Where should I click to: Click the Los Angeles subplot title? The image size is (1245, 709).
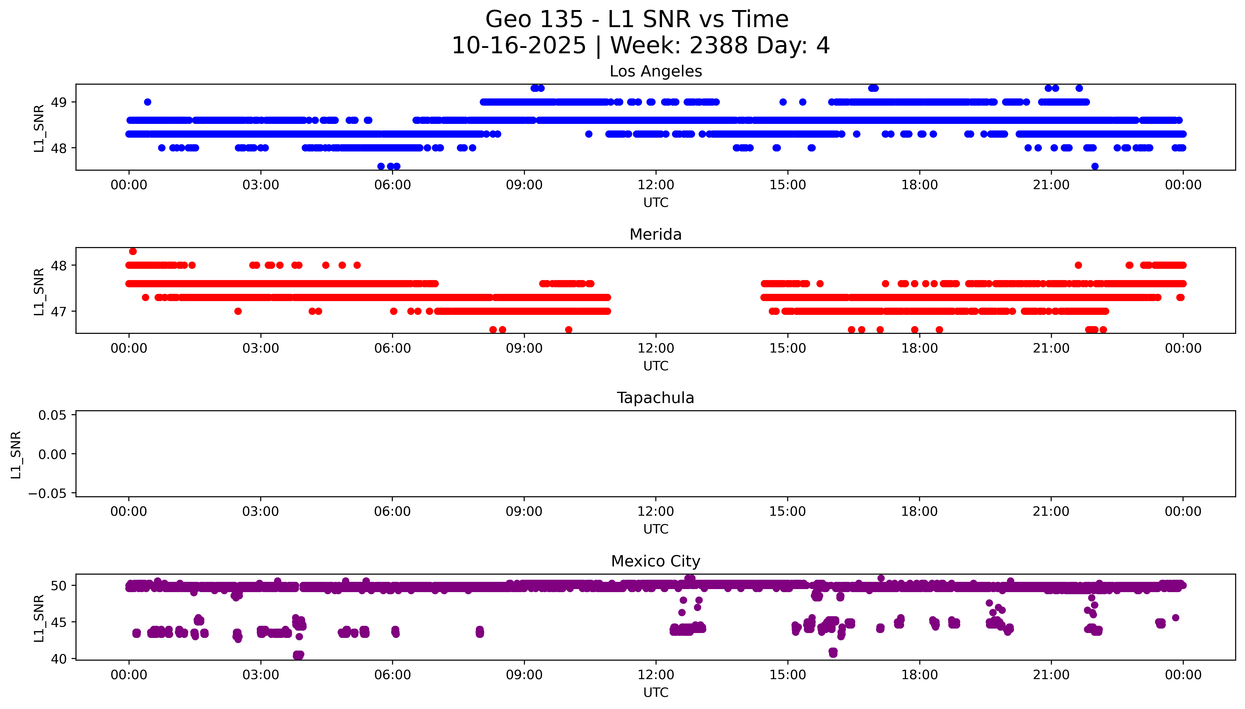click(x=655, y=72)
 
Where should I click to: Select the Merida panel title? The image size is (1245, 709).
click(x=655, y=235)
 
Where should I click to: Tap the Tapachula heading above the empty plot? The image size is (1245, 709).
click(x=655, y=398)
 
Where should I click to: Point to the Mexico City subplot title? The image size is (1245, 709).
click(x=655, y=561)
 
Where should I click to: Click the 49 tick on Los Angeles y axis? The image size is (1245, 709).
click(x=59, y=102)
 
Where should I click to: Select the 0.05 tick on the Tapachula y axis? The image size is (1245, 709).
click(x=53, y=415)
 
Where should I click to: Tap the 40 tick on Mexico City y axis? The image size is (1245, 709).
click(x=59, y=659)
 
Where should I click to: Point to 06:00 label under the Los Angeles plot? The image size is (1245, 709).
click(x=393, y=185)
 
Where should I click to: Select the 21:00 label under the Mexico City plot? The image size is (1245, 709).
click(x=1051, y=675)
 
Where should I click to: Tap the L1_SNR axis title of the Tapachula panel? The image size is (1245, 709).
click(x=16, y=454)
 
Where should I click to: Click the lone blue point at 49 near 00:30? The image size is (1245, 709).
click(x=148, y=102)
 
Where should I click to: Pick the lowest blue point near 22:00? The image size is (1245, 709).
click(x=1095, y=166)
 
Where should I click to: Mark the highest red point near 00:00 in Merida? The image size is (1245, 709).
click(x=133, y=251)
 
